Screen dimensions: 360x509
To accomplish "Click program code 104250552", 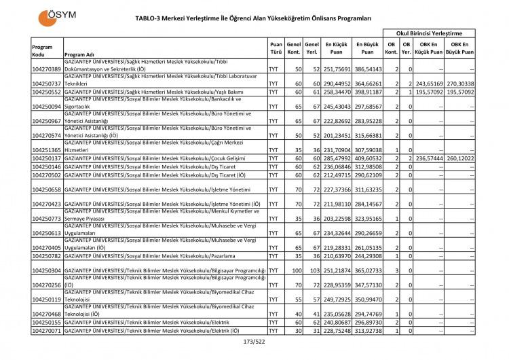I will coord(46,91).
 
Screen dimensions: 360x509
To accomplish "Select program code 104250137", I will coord(46,158).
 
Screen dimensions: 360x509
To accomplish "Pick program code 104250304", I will coord(46,270).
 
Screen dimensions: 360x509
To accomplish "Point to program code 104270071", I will coord(46,331).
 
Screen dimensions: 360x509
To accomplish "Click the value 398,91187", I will coord(368,91).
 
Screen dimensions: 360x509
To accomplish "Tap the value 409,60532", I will coord(368,158).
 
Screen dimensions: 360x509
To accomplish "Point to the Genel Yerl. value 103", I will coord(312,270).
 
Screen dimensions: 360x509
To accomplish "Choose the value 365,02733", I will coord(368,270).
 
